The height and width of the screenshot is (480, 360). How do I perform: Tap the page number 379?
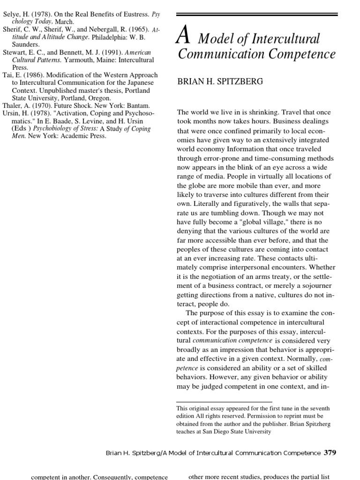pos(330,453)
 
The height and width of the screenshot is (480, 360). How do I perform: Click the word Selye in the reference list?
pos(12,14)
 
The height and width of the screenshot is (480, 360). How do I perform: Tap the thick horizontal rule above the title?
pos(257,15)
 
